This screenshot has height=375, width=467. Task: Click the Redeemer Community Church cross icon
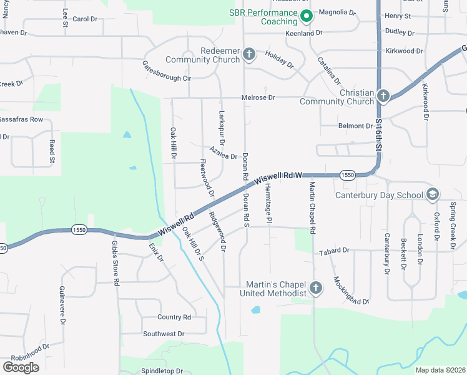pos(248,54)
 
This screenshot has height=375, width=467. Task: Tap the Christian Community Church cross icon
pos(383,96)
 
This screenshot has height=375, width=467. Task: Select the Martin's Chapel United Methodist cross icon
pos(316,288)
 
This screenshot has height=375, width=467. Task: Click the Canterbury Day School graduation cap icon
pos(431,195)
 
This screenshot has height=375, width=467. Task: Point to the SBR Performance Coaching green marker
pos(306,16)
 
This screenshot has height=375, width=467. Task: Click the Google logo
pos(21,367)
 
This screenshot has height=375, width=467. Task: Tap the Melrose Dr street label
pos(258,97)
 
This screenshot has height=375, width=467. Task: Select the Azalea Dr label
pos(224,154)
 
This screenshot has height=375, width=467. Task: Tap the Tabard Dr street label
pos(334,251)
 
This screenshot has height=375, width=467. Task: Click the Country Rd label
pos(174,317)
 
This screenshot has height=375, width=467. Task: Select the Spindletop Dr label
pos(162,371)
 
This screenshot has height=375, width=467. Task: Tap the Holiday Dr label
pos(279,59)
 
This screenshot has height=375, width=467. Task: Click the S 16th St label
pos(379,132)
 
